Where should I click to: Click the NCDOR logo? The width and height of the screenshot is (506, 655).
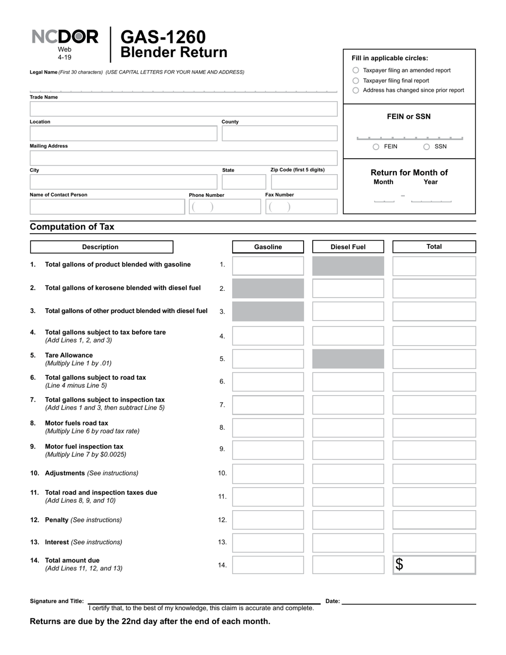(x=65, y=37)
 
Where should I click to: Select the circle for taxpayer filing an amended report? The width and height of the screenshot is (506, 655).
(x=356, y=70)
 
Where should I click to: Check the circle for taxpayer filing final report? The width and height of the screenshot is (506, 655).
(x=356, y=80)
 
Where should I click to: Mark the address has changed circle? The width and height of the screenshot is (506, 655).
(x=356, y=91)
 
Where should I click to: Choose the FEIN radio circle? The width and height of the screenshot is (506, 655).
(x=376, y=147)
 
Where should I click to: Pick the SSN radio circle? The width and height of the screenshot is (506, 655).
(x=427, y=147)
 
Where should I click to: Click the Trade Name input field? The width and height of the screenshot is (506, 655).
(x=183, y=109)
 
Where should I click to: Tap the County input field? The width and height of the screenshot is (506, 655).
(x=279, y=133)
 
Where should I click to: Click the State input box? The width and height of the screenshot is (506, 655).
(x=241, y=182)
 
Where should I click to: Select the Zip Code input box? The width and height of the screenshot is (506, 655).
(x=304, y=182)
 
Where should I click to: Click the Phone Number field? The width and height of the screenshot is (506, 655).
(x=224, y=207)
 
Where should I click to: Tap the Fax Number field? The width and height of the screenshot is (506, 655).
(x=301, y=207)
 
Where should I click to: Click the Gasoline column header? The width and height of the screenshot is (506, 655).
(x=268, y=247)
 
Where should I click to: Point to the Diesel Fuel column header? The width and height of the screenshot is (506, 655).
(x=348, y=247)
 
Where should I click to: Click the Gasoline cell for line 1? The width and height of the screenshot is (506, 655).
(x=268, y=266)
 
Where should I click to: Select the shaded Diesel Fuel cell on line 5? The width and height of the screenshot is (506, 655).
(x=348, y=359)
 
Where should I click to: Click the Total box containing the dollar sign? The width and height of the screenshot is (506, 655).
(x=434, y=565)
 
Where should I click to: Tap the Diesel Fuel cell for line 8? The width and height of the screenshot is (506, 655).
(x=348, y=428)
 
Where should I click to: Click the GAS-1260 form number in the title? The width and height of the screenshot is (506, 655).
(x=163, y=37)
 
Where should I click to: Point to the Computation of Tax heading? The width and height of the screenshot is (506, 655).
(x=72, y=227)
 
